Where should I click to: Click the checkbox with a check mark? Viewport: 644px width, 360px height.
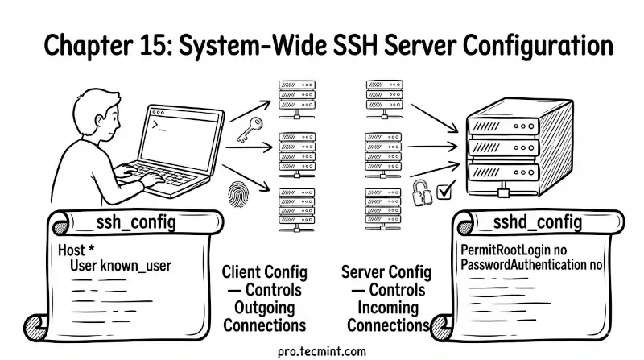click(x=444, y=192)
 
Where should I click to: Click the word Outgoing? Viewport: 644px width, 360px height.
click(x=263, y=307)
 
